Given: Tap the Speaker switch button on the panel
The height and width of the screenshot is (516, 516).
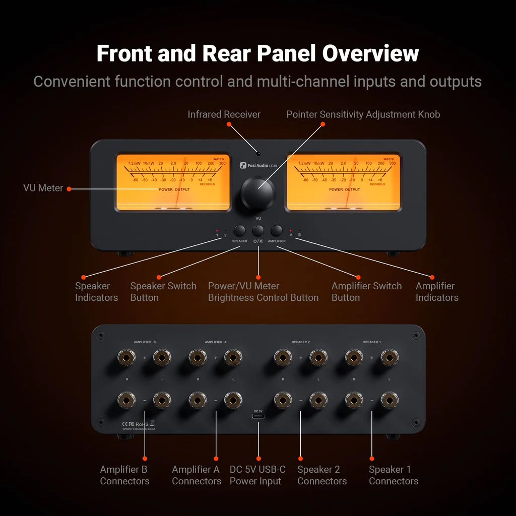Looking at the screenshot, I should pyautogui.click(x=240, y=231).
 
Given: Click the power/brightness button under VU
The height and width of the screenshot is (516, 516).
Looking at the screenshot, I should pyautogui.click(x=258, y=231).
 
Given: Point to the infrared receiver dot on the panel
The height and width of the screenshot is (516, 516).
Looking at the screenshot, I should pyautogui.click(x=258, y=153).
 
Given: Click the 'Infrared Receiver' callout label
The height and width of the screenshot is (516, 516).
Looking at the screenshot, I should pyautogui.click(x=224, y=114).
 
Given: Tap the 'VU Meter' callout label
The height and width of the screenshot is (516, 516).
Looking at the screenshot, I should pyautogui.click(x=43, y=188).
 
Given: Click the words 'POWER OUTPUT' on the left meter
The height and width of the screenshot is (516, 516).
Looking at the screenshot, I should pyautogui.click(x=174, y=189).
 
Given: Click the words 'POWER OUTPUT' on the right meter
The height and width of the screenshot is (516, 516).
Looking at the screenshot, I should pyautogui.click(x=345, y=189).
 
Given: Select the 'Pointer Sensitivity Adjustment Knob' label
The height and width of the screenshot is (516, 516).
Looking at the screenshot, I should pyautogui.click(x=363, y=114).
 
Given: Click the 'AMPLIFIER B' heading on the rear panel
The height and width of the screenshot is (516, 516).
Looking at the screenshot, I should pyautogui.click(x=145, y=342).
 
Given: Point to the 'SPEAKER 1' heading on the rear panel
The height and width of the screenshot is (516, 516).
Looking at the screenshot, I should pyautogui.click(x=372, y=342).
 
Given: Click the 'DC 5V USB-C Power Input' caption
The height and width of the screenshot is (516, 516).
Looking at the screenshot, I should pyautogui.click(x=257, y=475).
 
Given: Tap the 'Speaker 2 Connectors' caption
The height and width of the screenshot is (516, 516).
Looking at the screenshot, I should pyautogui.click(x=321, y=475).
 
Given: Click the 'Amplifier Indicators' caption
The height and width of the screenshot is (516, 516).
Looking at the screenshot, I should pyautogui.click(x=436, y=292).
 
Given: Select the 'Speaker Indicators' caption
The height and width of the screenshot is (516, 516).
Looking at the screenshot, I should pyautogui.click(x=96, y=292).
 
